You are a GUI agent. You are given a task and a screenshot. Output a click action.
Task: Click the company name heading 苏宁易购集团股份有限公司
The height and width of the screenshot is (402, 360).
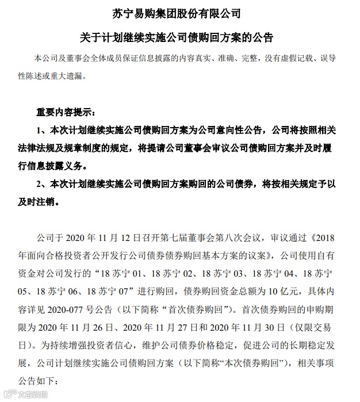180,12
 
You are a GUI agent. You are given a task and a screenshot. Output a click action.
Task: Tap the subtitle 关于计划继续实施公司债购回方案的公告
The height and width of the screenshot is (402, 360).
179,37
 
